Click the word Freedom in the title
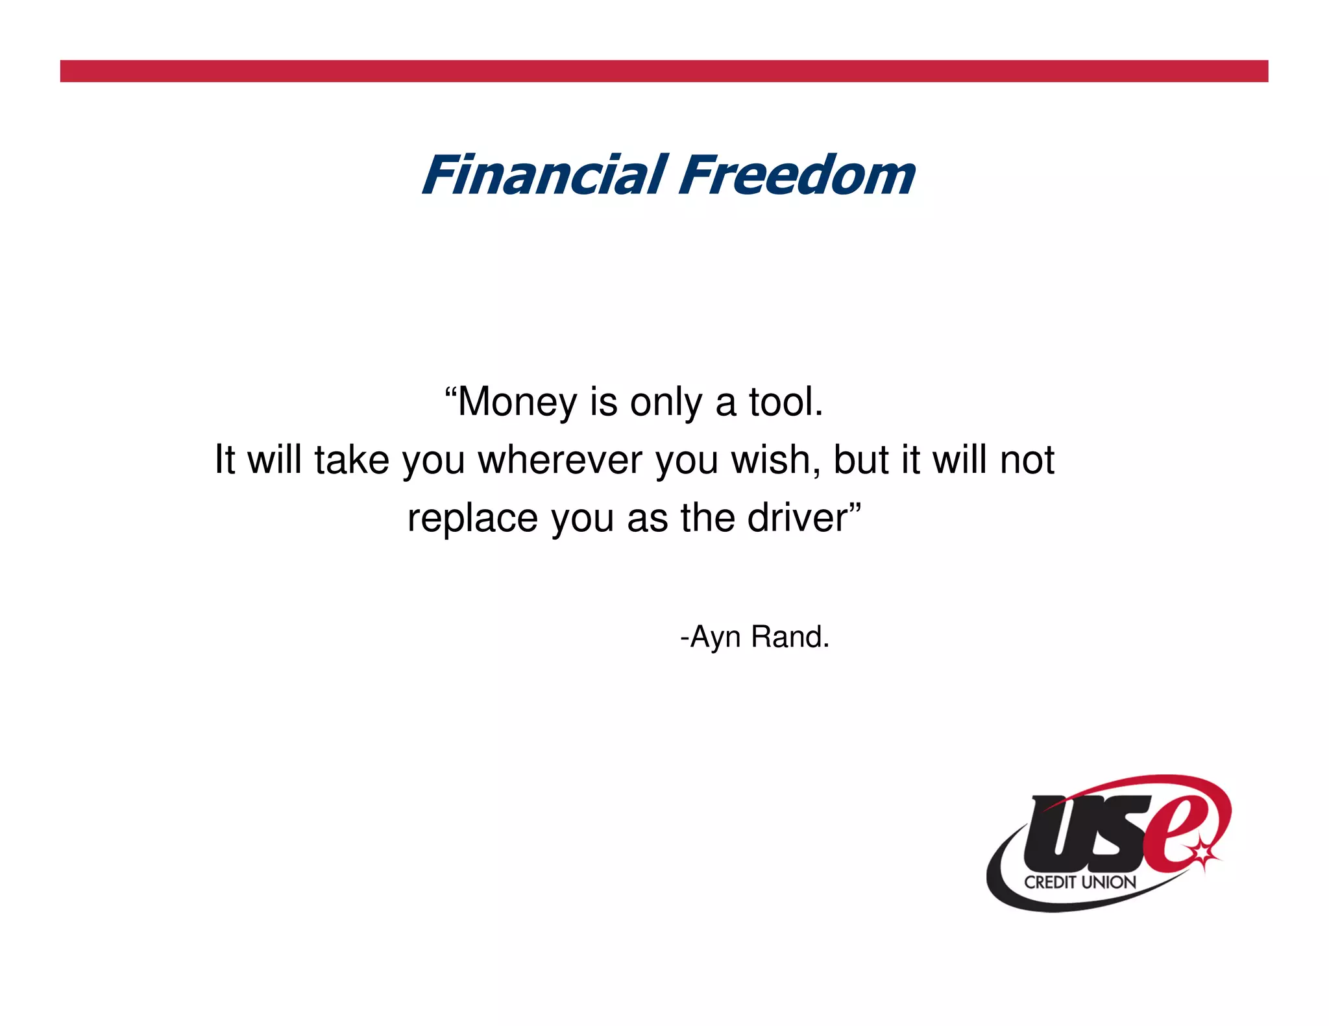[x=797, y=175]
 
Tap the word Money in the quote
[x=517, y=402]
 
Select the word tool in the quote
[x=785, y=402]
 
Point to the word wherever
[x=560, y=460]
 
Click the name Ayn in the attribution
[x=714, y=638]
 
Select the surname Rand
[x=789, y=637]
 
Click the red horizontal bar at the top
[x=664, y=71]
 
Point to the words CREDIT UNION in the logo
[x=1080, y=882]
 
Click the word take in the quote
[x=351, y=460]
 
